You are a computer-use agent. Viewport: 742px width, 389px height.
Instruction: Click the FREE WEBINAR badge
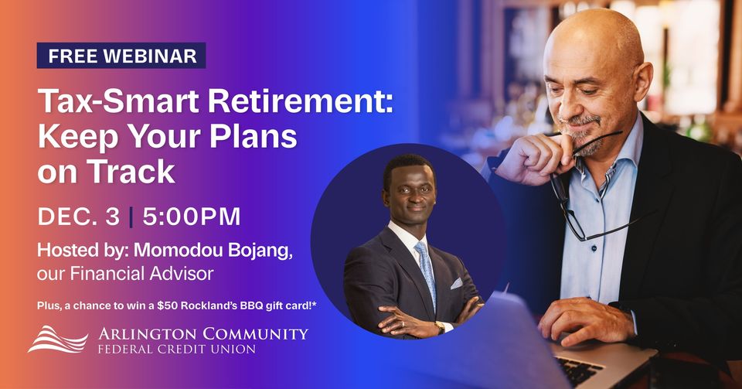pos(121,56)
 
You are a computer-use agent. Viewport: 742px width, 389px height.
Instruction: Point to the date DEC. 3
pos(78,217)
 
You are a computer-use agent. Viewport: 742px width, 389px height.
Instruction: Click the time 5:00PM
pos(190,217)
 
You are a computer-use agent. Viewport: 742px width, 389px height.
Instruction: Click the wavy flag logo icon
pos(57,339)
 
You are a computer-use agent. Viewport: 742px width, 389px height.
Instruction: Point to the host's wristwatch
pos(440,328)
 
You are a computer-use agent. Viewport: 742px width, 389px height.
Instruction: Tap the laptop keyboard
pos(580,370)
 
